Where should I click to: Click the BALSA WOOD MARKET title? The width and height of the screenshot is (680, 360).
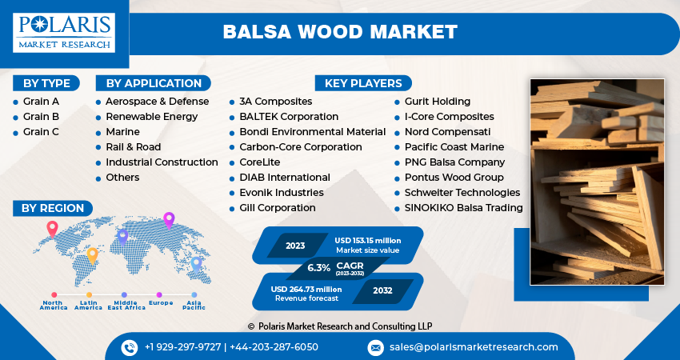pos(340,32)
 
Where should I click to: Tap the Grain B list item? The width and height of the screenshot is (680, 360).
pos(41,117)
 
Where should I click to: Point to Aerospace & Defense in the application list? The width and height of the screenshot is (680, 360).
pos(157,102)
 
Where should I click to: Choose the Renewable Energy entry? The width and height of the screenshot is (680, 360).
pos(151,117)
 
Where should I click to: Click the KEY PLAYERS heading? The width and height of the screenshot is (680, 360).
pos(363,83)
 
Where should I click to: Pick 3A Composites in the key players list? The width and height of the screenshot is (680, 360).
pos(275,102)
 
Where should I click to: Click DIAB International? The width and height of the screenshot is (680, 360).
pos(284,178)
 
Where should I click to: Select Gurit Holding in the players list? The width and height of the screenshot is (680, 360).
pos(437,102)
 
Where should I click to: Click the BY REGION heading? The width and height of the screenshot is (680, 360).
pos(52,208)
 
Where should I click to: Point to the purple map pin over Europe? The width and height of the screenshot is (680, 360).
pos(169,218)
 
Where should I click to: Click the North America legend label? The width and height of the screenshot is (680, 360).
pos(54,305)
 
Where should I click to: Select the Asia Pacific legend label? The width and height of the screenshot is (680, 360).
pos(194,305)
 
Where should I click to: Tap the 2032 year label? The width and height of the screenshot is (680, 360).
pos(382,290)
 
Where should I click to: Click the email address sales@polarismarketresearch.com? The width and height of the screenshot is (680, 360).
pos(474,347)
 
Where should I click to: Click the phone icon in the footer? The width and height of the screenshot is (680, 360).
pos(130,347)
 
